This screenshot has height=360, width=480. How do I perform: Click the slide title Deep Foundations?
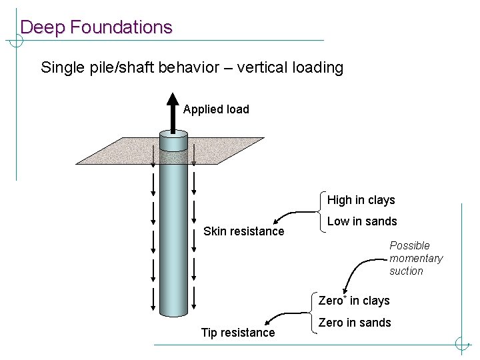tap(96, 27)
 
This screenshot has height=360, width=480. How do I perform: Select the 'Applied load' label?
tap(216, 109)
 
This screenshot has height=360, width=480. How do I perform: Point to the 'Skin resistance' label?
tap(243, 231)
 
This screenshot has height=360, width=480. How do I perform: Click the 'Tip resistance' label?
tap(238, 333)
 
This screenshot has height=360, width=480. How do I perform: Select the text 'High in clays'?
tap(361, 200)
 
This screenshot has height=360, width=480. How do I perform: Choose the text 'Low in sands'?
tap(362, 221)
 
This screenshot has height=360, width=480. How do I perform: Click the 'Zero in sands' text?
tap(355, 323)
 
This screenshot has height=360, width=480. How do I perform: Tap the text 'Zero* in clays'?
tap(354, 301)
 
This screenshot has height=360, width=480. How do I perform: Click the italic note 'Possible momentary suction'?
tap(416, 258)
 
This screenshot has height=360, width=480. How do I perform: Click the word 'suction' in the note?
tap(406, 271)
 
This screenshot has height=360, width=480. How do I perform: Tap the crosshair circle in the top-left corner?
tap(16, 41)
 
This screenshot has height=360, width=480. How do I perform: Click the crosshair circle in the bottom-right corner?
tap(462, 345)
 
